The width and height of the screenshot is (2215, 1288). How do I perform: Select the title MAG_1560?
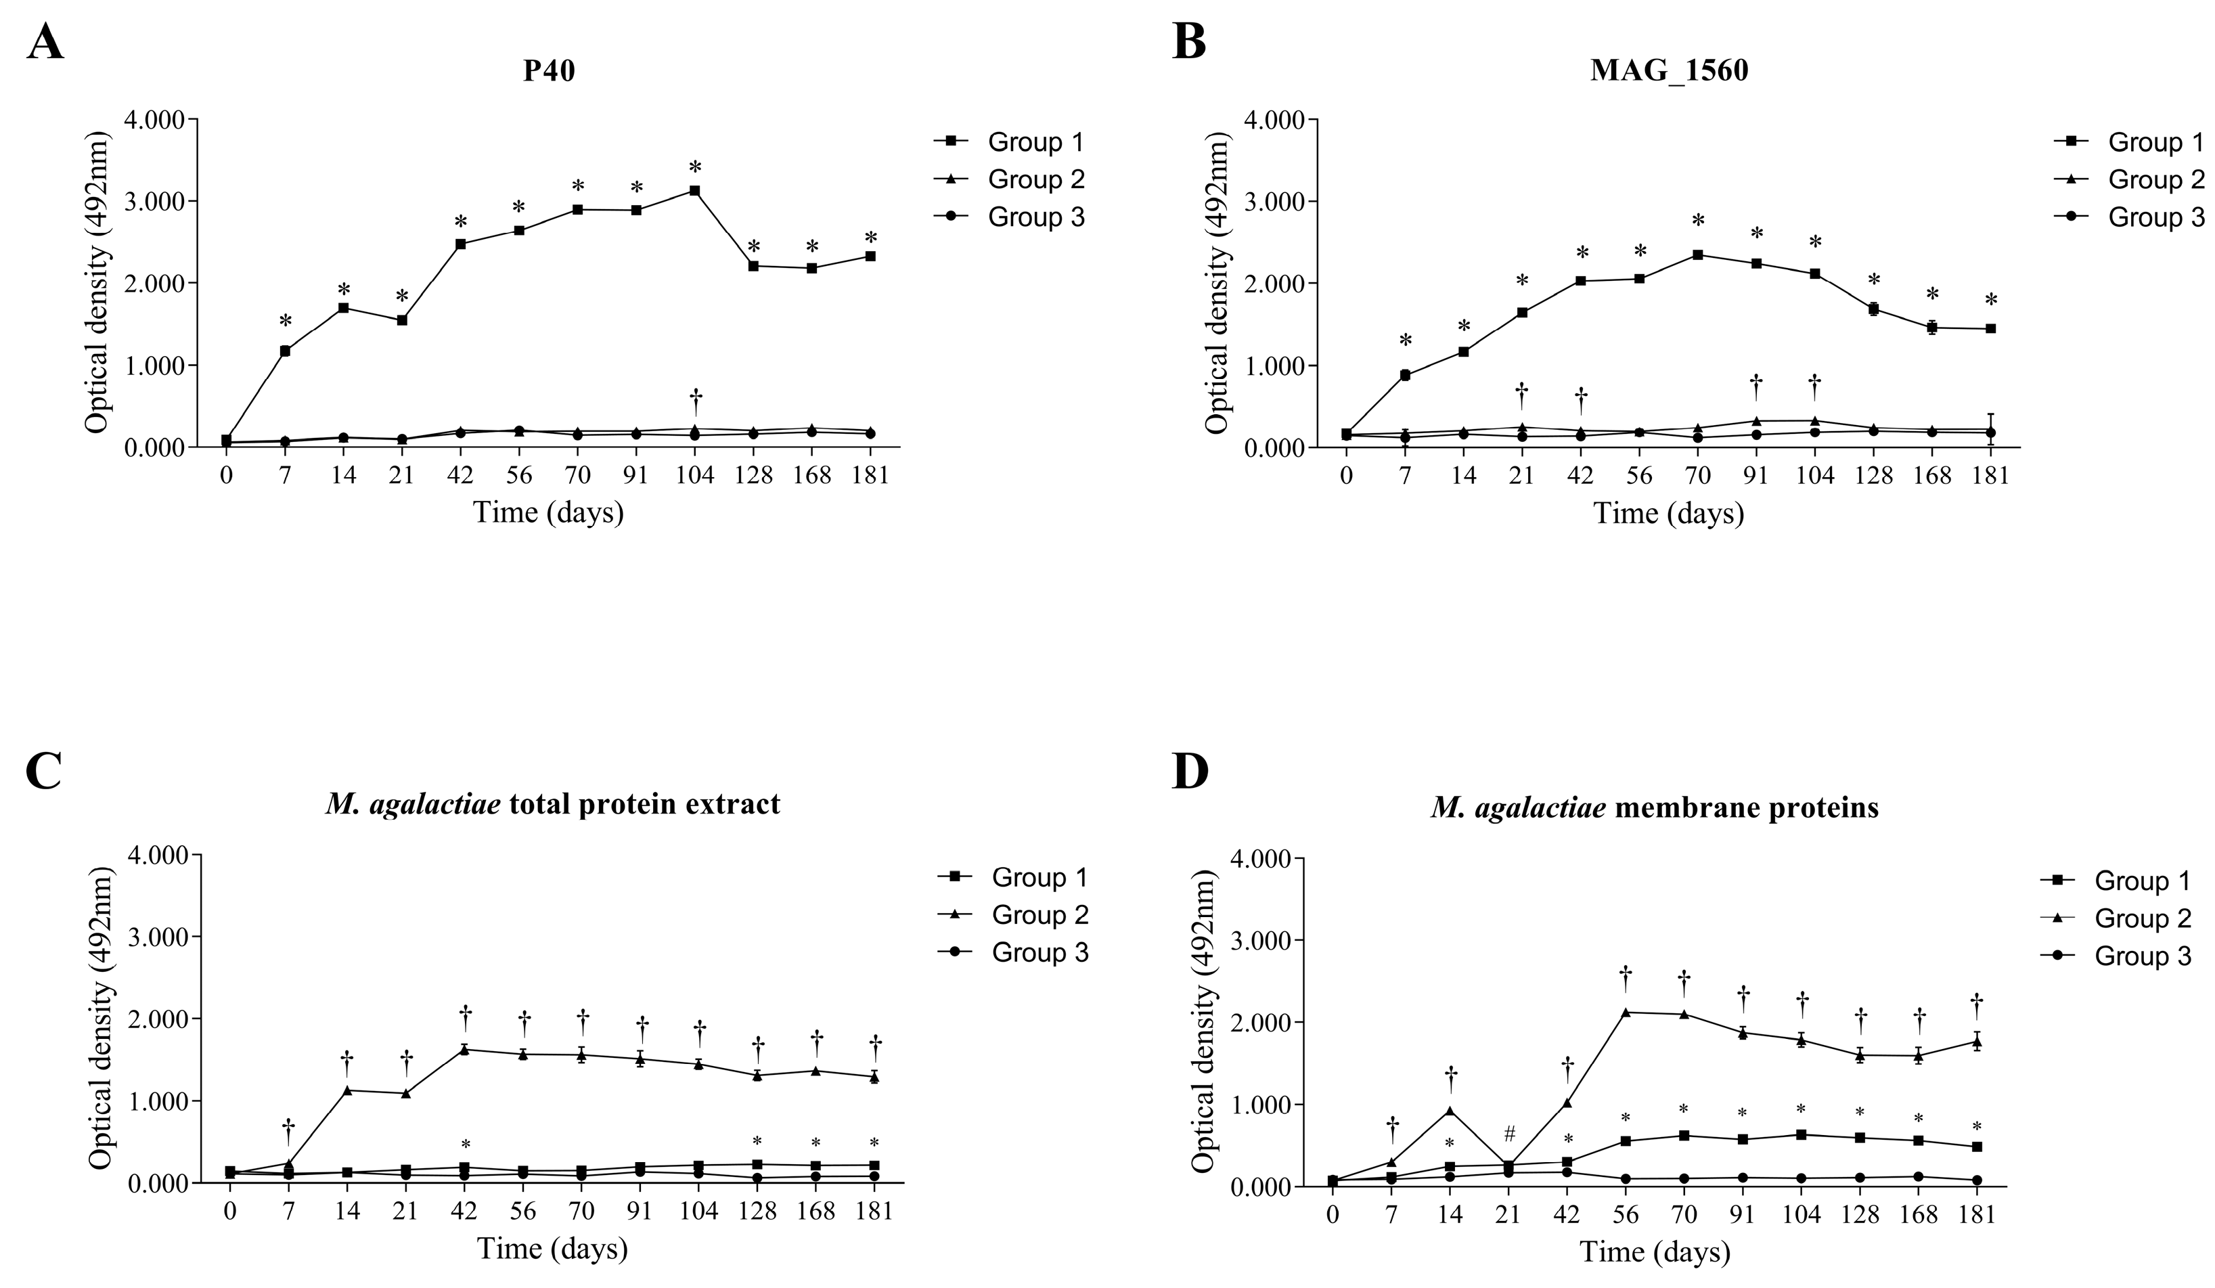tap(1668, 70)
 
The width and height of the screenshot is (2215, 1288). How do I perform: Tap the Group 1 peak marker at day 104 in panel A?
tap(694, 191)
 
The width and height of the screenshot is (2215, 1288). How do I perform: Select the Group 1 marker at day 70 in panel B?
tap(1697, 255)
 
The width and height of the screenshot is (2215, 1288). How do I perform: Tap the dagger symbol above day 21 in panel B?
tap(1521, 397)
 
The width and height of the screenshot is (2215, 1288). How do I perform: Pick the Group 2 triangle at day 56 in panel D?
tap(1625, 1012)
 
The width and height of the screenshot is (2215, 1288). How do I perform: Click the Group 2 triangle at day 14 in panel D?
tap(1450, 1111)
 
